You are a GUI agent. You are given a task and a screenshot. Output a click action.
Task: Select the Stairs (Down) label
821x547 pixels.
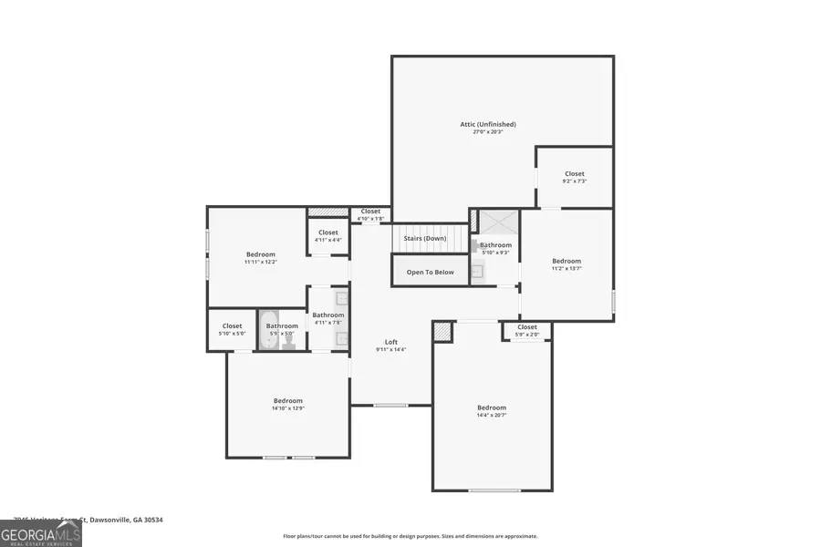coord(425,239)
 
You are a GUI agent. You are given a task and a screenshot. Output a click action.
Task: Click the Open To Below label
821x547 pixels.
coord(430,272)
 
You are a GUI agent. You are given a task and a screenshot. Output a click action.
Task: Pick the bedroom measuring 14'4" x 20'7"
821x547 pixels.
coord(491,411)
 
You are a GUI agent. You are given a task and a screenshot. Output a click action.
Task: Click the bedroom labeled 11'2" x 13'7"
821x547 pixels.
coord(566,264)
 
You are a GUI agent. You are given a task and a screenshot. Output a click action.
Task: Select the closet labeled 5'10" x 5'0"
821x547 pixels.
coord(232,329)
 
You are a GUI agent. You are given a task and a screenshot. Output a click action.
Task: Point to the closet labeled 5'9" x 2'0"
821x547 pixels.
coord(527,330)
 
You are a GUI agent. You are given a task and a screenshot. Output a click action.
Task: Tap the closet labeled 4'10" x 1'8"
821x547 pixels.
coord(370,214)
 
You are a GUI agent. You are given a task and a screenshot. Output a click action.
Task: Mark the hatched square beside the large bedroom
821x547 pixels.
coord(442,332)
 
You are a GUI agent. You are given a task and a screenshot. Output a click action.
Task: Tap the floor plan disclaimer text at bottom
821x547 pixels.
coord(410,536)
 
